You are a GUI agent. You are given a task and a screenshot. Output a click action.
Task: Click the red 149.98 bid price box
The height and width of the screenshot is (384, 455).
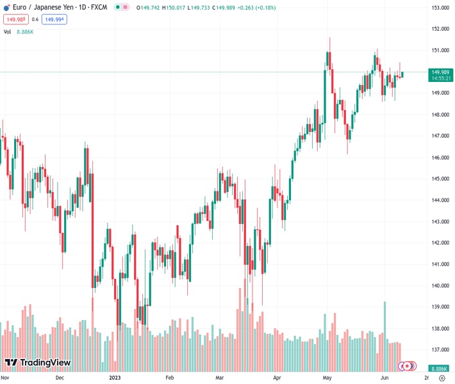(15, 19)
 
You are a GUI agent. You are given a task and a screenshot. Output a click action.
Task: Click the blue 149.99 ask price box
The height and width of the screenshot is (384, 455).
(54, 19)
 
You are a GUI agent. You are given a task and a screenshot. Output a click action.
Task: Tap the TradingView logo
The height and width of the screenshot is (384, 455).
(37, 363)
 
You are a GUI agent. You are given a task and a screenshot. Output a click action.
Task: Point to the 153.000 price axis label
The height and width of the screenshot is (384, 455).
(439, 8)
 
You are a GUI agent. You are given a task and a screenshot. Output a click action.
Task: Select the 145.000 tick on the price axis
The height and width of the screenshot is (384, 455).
(439, 179)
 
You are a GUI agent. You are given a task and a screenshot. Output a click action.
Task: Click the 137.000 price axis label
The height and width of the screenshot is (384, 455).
(439, 350)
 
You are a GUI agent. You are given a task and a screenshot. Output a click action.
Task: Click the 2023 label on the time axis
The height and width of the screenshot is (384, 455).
(115, 378)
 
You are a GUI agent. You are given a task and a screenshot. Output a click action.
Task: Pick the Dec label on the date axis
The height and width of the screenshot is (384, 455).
(60, 378)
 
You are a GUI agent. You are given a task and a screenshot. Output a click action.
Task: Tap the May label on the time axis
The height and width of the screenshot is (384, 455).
(327, 378)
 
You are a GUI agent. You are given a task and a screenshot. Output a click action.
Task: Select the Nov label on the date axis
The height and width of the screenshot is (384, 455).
(5, 378)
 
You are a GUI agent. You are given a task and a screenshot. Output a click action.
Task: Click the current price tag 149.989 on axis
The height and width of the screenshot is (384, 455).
(440, 72)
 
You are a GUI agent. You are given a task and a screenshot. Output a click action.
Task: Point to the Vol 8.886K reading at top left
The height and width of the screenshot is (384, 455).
(19, 31)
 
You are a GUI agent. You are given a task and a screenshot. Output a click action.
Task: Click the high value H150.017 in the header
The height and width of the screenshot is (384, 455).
(172, 7)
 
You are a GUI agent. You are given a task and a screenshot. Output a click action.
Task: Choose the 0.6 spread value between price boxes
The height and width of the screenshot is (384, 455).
(35, 19)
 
